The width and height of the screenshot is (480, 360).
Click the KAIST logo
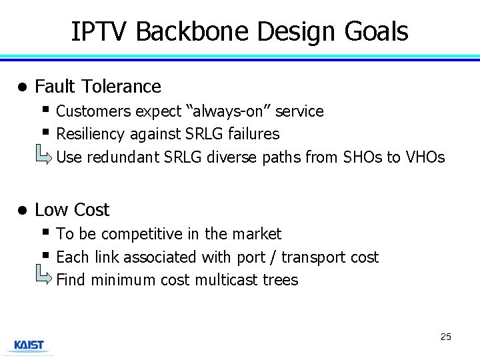(29, 345)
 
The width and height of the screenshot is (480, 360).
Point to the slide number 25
(445, 337)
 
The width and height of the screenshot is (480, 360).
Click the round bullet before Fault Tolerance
(21, 87)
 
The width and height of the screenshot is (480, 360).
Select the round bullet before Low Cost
(21, 211)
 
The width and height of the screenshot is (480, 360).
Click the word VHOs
(424, 157)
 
